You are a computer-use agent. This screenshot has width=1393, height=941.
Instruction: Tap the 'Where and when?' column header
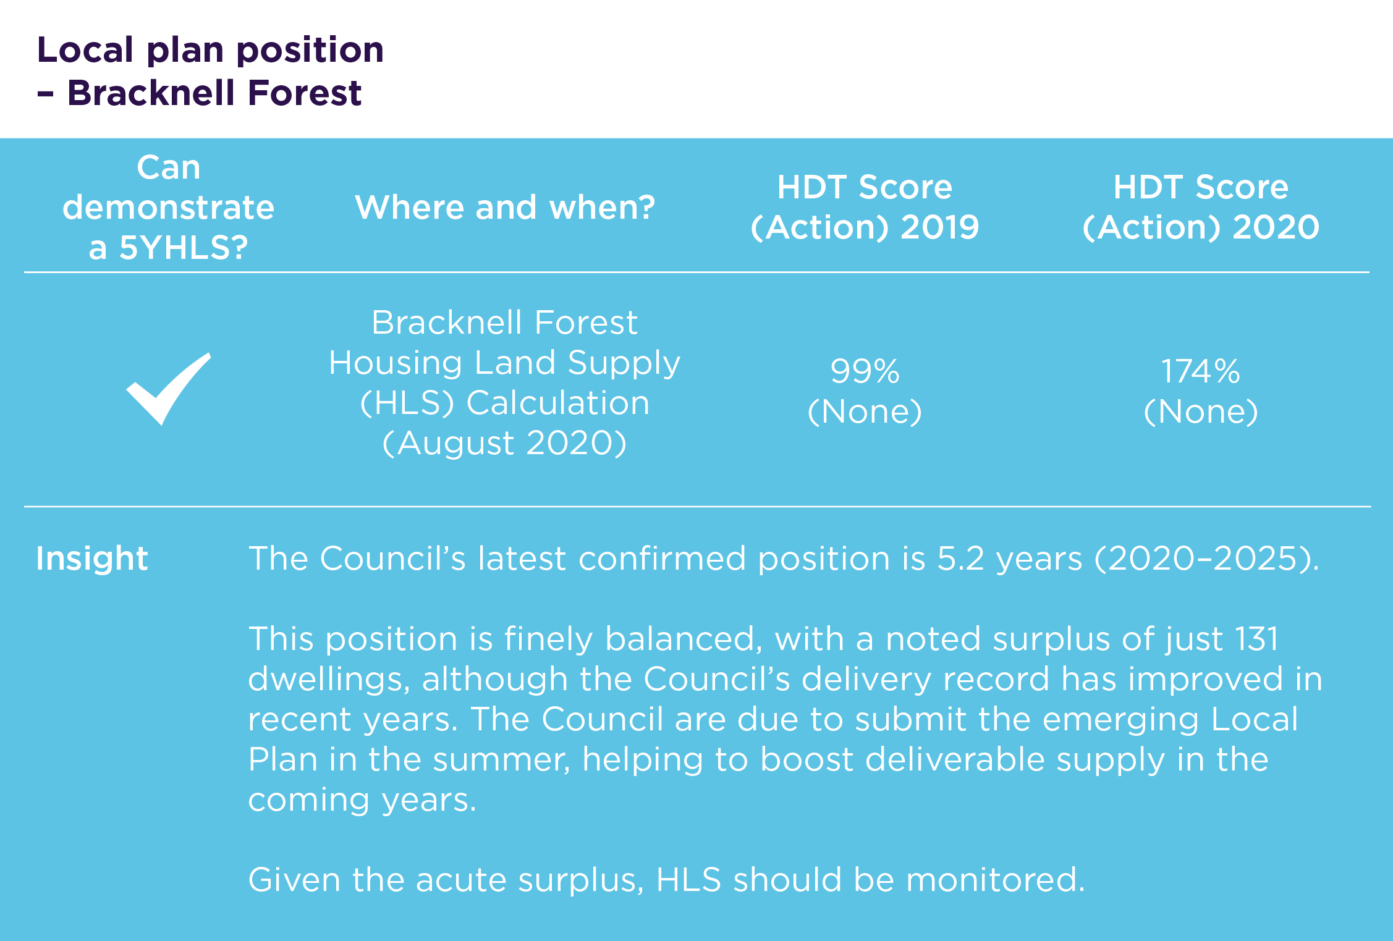pyautogui.click(x=505, y=207)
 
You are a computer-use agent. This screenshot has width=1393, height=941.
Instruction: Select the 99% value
pyautogui.click(x=865, y=371)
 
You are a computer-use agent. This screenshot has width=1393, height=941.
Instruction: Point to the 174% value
pyautogui.click(x=1201, y=371)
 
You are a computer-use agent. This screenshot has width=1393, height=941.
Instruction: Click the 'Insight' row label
pyautogui.click(x=92, y=559)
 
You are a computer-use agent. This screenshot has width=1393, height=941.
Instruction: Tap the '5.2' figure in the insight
pyautogui.click(x=961, y=559)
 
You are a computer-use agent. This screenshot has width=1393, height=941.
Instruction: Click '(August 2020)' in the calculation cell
pyautogui.click(x=504, y=443)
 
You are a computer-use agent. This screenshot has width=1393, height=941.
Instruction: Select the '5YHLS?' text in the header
pyautogui.click(x=184, y=248)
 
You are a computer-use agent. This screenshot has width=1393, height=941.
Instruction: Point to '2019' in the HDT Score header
pyautogui.click(x=940, y=227)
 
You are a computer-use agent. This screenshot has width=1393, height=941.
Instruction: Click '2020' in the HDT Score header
pyautogui.click(x=1276, y=227)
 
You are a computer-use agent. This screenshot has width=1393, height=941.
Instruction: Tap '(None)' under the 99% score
pyautogui.click(x=865, y=411)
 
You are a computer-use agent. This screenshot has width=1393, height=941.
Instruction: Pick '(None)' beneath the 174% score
pyautogui.click(x=1201, y=411)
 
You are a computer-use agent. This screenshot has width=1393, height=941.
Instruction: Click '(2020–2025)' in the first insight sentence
pyautogui.click(x=1206, y=559)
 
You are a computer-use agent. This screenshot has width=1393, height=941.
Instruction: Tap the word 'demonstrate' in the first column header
pyautogui.click(x=168, y=208)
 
